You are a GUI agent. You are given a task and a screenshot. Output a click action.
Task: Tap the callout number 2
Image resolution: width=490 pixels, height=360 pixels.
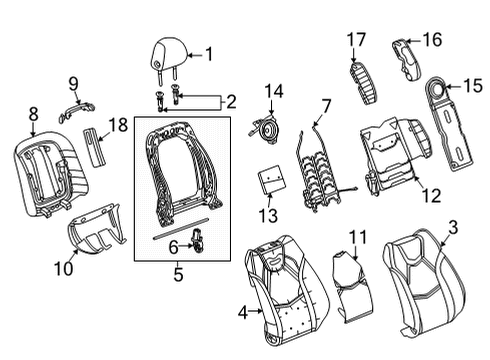click(230, 100)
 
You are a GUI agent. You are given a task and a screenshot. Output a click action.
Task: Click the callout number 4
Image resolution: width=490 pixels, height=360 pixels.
click(243, 314)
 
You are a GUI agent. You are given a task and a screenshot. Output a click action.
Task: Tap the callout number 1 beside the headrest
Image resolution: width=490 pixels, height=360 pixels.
click(209, 56)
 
